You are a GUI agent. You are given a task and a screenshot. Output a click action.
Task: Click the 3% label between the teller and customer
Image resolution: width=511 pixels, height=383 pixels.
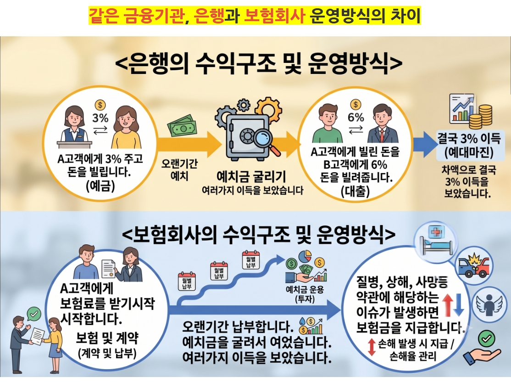point(100,118)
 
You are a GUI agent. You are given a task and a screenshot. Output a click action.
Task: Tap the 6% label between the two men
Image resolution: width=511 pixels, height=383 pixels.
point(355,117)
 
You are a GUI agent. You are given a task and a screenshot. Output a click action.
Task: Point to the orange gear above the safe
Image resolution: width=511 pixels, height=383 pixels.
point(268,107)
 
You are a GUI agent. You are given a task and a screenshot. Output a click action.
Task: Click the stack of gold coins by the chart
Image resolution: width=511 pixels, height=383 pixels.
point(481,116)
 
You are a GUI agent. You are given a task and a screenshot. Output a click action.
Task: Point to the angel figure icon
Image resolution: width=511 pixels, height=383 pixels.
point(489,304)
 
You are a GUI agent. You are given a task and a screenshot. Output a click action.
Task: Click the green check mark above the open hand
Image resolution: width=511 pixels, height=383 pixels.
point(486,338)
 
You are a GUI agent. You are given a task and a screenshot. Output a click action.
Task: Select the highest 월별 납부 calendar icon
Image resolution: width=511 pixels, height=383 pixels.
point(250,259)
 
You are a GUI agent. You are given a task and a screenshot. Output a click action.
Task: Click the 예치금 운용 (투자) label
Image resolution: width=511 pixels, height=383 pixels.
point(305,294)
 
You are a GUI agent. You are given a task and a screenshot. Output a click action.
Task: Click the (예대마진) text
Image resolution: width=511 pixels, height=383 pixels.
point(469,152)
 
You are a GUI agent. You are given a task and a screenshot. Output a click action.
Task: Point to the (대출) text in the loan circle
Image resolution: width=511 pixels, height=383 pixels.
point(355,191)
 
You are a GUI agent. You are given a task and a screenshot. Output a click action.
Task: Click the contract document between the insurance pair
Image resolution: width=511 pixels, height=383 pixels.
point(109,269)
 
